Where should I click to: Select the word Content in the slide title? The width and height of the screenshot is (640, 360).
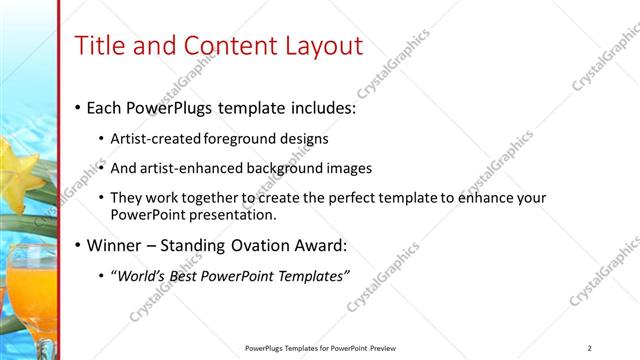tap(222, 45)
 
